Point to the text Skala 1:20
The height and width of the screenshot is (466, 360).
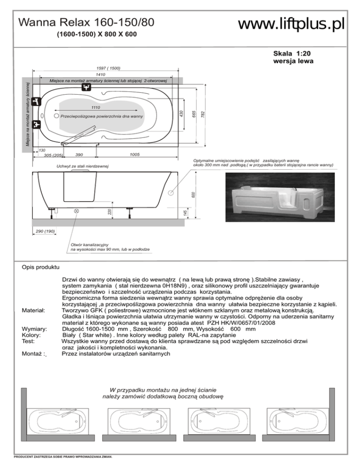pyautogui.click(x=292, y=53)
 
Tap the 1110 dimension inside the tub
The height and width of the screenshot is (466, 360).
pyautogui.click(x=97, y=107)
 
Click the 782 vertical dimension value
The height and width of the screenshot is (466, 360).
pyautogui.click(x=202, y=114)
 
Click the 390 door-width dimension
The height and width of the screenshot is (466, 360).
pyautogui.click(x=79, y=154)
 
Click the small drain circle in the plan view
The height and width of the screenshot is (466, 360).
pyautogui.click(x=56, y=115)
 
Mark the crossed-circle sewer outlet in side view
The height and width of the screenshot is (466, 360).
pyautogui.click(x=77, y=211)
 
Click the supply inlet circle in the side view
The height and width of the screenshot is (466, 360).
pyautogui.click(x=171, y=192)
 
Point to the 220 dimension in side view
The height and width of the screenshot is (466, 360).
pyautogui.click(x=109, y=212)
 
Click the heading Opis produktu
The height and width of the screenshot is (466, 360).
pyautogui.click(x=40, y=268)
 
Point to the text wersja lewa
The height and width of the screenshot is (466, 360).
pyautogui.click(x=293, y=61)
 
